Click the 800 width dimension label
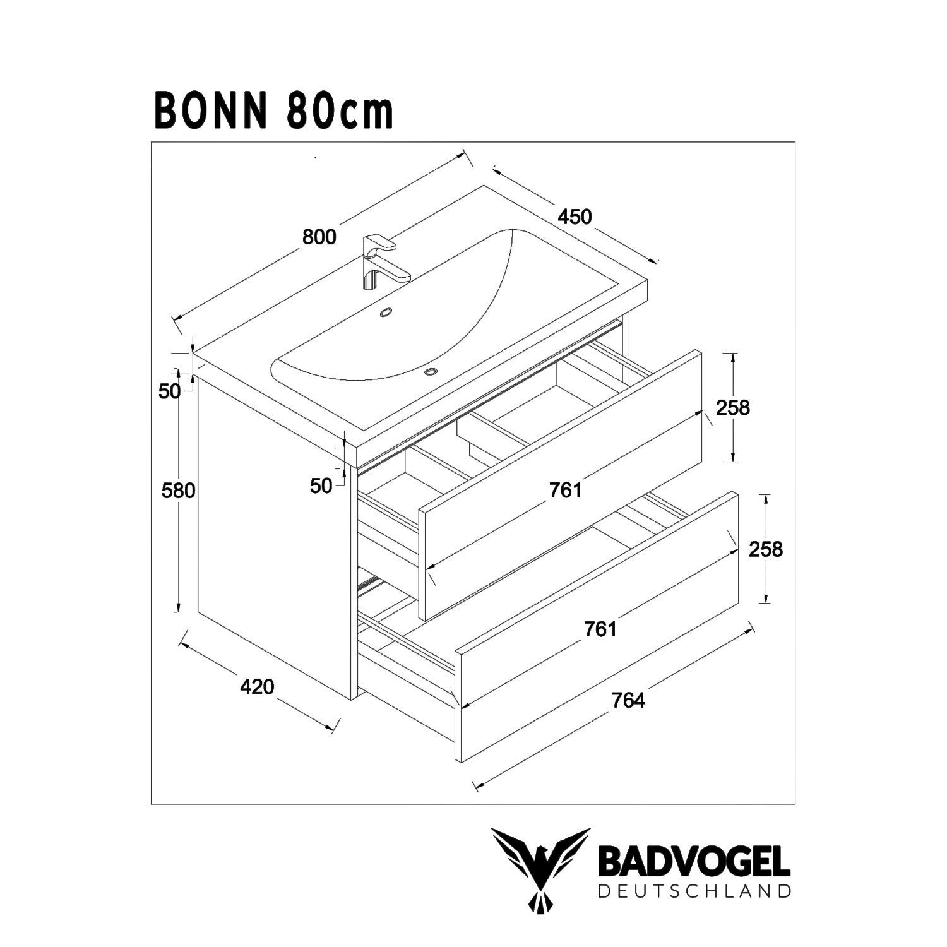click(319, 237)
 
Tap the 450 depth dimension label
click(575, 217)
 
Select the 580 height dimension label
click(179, 490)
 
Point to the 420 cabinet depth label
click(257, 686)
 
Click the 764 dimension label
click(628, 700)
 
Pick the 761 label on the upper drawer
click(565, 489)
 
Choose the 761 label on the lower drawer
click(600, 629)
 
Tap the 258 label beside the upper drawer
click(733, 408)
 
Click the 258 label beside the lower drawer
click(766, 549)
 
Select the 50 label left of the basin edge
click(170, 391)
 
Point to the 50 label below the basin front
click(321, 485)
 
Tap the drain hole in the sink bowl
click(431, 371)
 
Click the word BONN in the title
click(211, 112)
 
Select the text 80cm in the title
click(340, 112)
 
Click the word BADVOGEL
click(694, 861)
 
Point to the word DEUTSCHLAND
click(694, 891)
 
